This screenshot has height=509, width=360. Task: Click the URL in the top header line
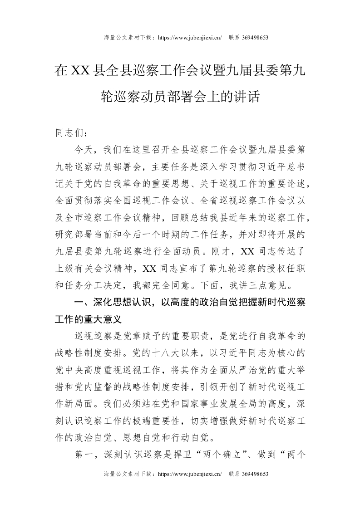point(189,38)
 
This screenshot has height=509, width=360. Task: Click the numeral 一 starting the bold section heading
point(79,302)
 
